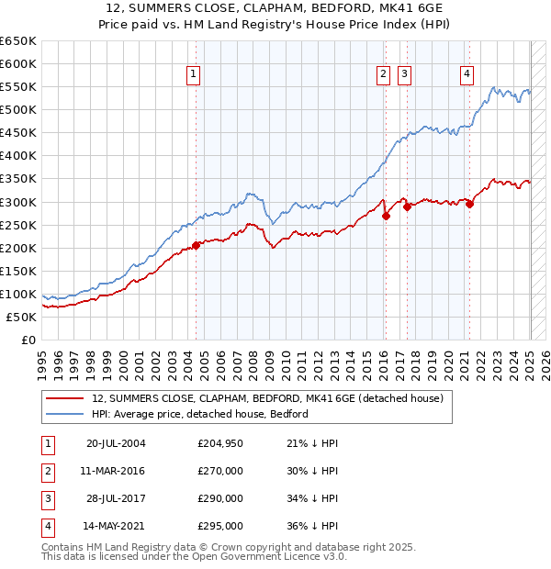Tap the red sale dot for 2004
point(196,245)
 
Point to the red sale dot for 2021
point(469,204)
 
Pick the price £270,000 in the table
point(220,472)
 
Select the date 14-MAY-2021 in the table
point(116,526)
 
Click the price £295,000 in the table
point(220,526)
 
